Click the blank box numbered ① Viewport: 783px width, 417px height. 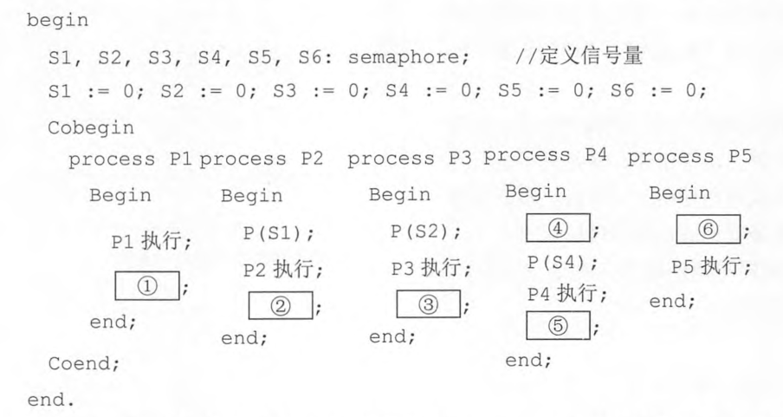(147, 285)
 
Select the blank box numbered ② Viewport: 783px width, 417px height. (281, 305)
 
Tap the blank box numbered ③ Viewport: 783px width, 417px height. (429, 304)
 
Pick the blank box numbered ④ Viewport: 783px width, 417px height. (558, 228)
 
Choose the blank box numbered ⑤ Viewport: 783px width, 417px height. (558, 325)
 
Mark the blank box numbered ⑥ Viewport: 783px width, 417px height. (709, 230)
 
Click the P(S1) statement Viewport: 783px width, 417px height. (279, 233)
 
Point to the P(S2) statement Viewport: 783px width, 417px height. (426, 231)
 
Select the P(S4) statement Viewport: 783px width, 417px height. (563, 263)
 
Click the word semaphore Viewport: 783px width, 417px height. (409, 58)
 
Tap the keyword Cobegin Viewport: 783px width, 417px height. (91, 128)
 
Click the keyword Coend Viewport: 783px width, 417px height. (84, 363)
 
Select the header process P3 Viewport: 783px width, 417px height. (410, 159)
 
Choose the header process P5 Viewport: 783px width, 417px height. (689, 157)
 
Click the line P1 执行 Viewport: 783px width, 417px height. (152, 242)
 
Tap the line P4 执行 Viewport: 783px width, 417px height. (567, 293)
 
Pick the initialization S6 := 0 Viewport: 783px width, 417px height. (658, 91)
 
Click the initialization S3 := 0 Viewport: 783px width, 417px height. (321, 91)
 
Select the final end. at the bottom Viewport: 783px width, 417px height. (50, 400)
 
